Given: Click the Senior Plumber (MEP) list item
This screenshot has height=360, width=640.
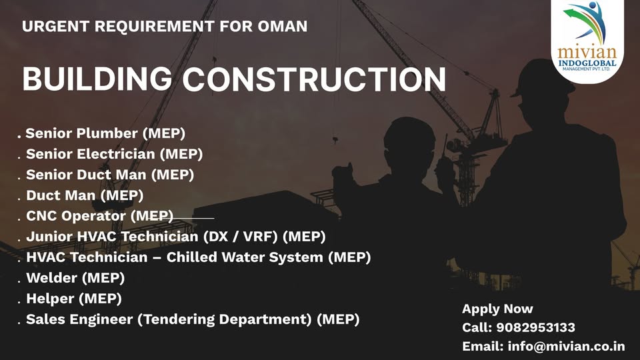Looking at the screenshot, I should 105,133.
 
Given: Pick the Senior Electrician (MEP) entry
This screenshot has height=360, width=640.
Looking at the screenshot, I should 114,154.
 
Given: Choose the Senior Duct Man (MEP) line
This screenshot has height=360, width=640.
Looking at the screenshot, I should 110,175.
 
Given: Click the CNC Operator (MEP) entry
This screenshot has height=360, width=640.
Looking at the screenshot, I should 99,216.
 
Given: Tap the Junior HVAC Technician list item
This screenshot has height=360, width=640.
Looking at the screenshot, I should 176,237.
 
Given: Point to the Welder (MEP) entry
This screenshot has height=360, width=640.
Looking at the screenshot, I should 75,278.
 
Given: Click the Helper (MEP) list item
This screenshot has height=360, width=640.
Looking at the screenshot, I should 74,299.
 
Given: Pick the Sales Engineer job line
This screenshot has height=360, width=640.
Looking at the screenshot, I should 193,319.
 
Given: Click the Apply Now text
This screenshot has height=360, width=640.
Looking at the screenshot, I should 497,309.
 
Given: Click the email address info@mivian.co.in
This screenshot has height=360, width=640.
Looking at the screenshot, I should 566,346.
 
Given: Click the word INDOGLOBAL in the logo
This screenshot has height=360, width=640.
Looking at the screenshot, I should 588,63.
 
